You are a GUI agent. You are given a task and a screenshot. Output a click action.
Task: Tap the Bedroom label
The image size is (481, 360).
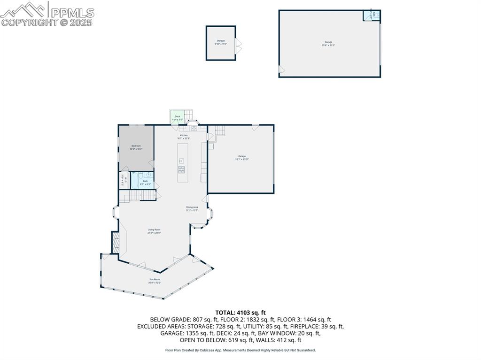[x=136, y=147]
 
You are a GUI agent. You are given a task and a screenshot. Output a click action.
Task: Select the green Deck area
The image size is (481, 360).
[x=177, y=117]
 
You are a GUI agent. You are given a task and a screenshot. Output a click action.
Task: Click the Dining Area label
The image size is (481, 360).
[x=192, y=208]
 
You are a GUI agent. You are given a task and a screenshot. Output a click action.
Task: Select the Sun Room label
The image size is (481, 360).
[x=155, y=281]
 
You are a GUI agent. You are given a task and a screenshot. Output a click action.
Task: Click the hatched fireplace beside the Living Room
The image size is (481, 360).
[x=115, y=242]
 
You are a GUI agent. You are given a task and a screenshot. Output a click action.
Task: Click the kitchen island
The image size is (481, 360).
[x=183, y=162]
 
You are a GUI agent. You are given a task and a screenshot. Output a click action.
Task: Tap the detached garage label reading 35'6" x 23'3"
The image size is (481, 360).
[x=328, y=44]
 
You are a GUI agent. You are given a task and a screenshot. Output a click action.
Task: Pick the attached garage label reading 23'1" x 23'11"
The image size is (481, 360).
[x=241, y=158]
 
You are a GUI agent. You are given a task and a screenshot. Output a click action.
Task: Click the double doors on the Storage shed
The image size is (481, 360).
[x=239, y=46]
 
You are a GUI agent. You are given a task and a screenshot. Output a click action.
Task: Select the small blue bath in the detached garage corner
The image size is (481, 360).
[x=371, y=15]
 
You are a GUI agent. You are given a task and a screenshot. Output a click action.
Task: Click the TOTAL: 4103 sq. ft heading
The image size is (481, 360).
[x=240, y=312]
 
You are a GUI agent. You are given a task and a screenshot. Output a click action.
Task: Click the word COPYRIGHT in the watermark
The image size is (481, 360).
[x=29, y=22]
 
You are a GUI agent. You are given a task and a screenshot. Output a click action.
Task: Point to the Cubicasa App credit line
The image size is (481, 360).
[x=240, y=350]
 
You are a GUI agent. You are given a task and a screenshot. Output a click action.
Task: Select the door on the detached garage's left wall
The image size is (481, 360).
[x=281, y=69]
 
